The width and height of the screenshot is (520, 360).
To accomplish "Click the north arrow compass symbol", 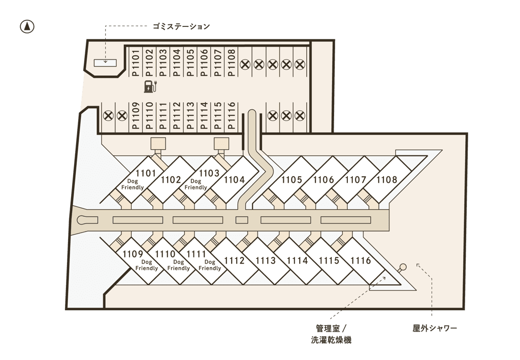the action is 27,26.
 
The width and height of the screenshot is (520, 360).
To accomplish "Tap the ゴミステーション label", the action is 181,26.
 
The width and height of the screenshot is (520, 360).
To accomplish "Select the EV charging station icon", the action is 150,86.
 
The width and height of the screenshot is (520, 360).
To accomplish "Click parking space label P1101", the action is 135,63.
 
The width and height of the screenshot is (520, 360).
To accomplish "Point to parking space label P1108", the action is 232,63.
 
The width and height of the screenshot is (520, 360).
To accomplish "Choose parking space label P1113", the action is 190,116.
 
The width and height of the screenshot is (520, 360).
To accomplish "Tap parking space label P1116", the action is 232,116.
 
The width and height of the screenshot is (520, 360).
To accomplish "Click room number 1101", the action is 146,173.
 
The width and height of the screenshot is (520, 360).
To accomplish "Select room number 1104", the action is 235,180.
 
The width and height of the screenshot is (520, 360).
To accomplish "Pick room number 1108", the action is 386,180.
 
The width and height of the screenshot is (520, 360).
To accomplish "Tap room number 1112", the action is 235,260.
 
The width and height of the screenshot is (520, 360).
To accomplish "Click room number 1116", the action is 361,260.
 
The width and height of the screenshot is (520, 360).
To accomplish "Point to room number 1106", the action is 323,180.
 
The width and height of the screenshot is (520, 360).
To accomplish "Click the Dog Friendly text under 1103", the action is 196,184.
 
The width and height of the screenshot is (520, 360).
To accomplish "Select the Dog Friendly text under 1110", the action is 178,265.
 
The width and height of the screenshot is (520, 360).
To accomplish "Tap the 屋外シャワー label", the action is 435,328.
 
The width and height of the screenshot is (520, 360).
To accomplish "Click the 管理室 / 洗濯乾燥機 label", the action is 331,334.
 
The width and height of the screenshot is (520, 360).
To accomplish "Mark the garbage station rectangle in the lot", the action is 106,62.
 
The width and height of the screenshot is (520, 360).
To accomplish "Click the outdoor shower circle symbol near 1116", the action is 403,267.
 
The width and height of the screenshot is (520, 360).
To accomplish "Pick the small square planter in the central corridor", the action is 242,220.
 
